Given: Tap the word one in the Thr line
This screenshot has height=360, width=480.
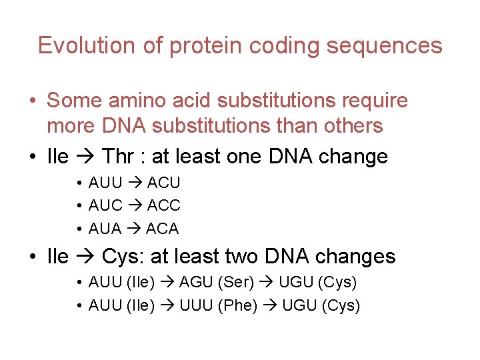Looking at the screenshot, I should tap(243, 157).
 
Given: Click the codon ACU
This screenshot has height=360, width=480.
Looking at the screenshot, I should tap(163, 183).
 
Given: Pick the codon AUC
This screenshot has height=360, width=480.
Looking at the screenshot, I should tap(105, 205).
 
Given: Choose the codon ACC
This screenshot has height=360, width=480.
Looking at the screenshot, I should tap(163, 205).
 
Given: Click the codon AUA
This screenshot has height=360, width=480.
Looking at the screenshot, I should tap(105, 229).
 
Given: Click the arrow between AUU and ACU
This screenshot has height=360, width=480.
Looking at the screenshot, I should tap(134, 183).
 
